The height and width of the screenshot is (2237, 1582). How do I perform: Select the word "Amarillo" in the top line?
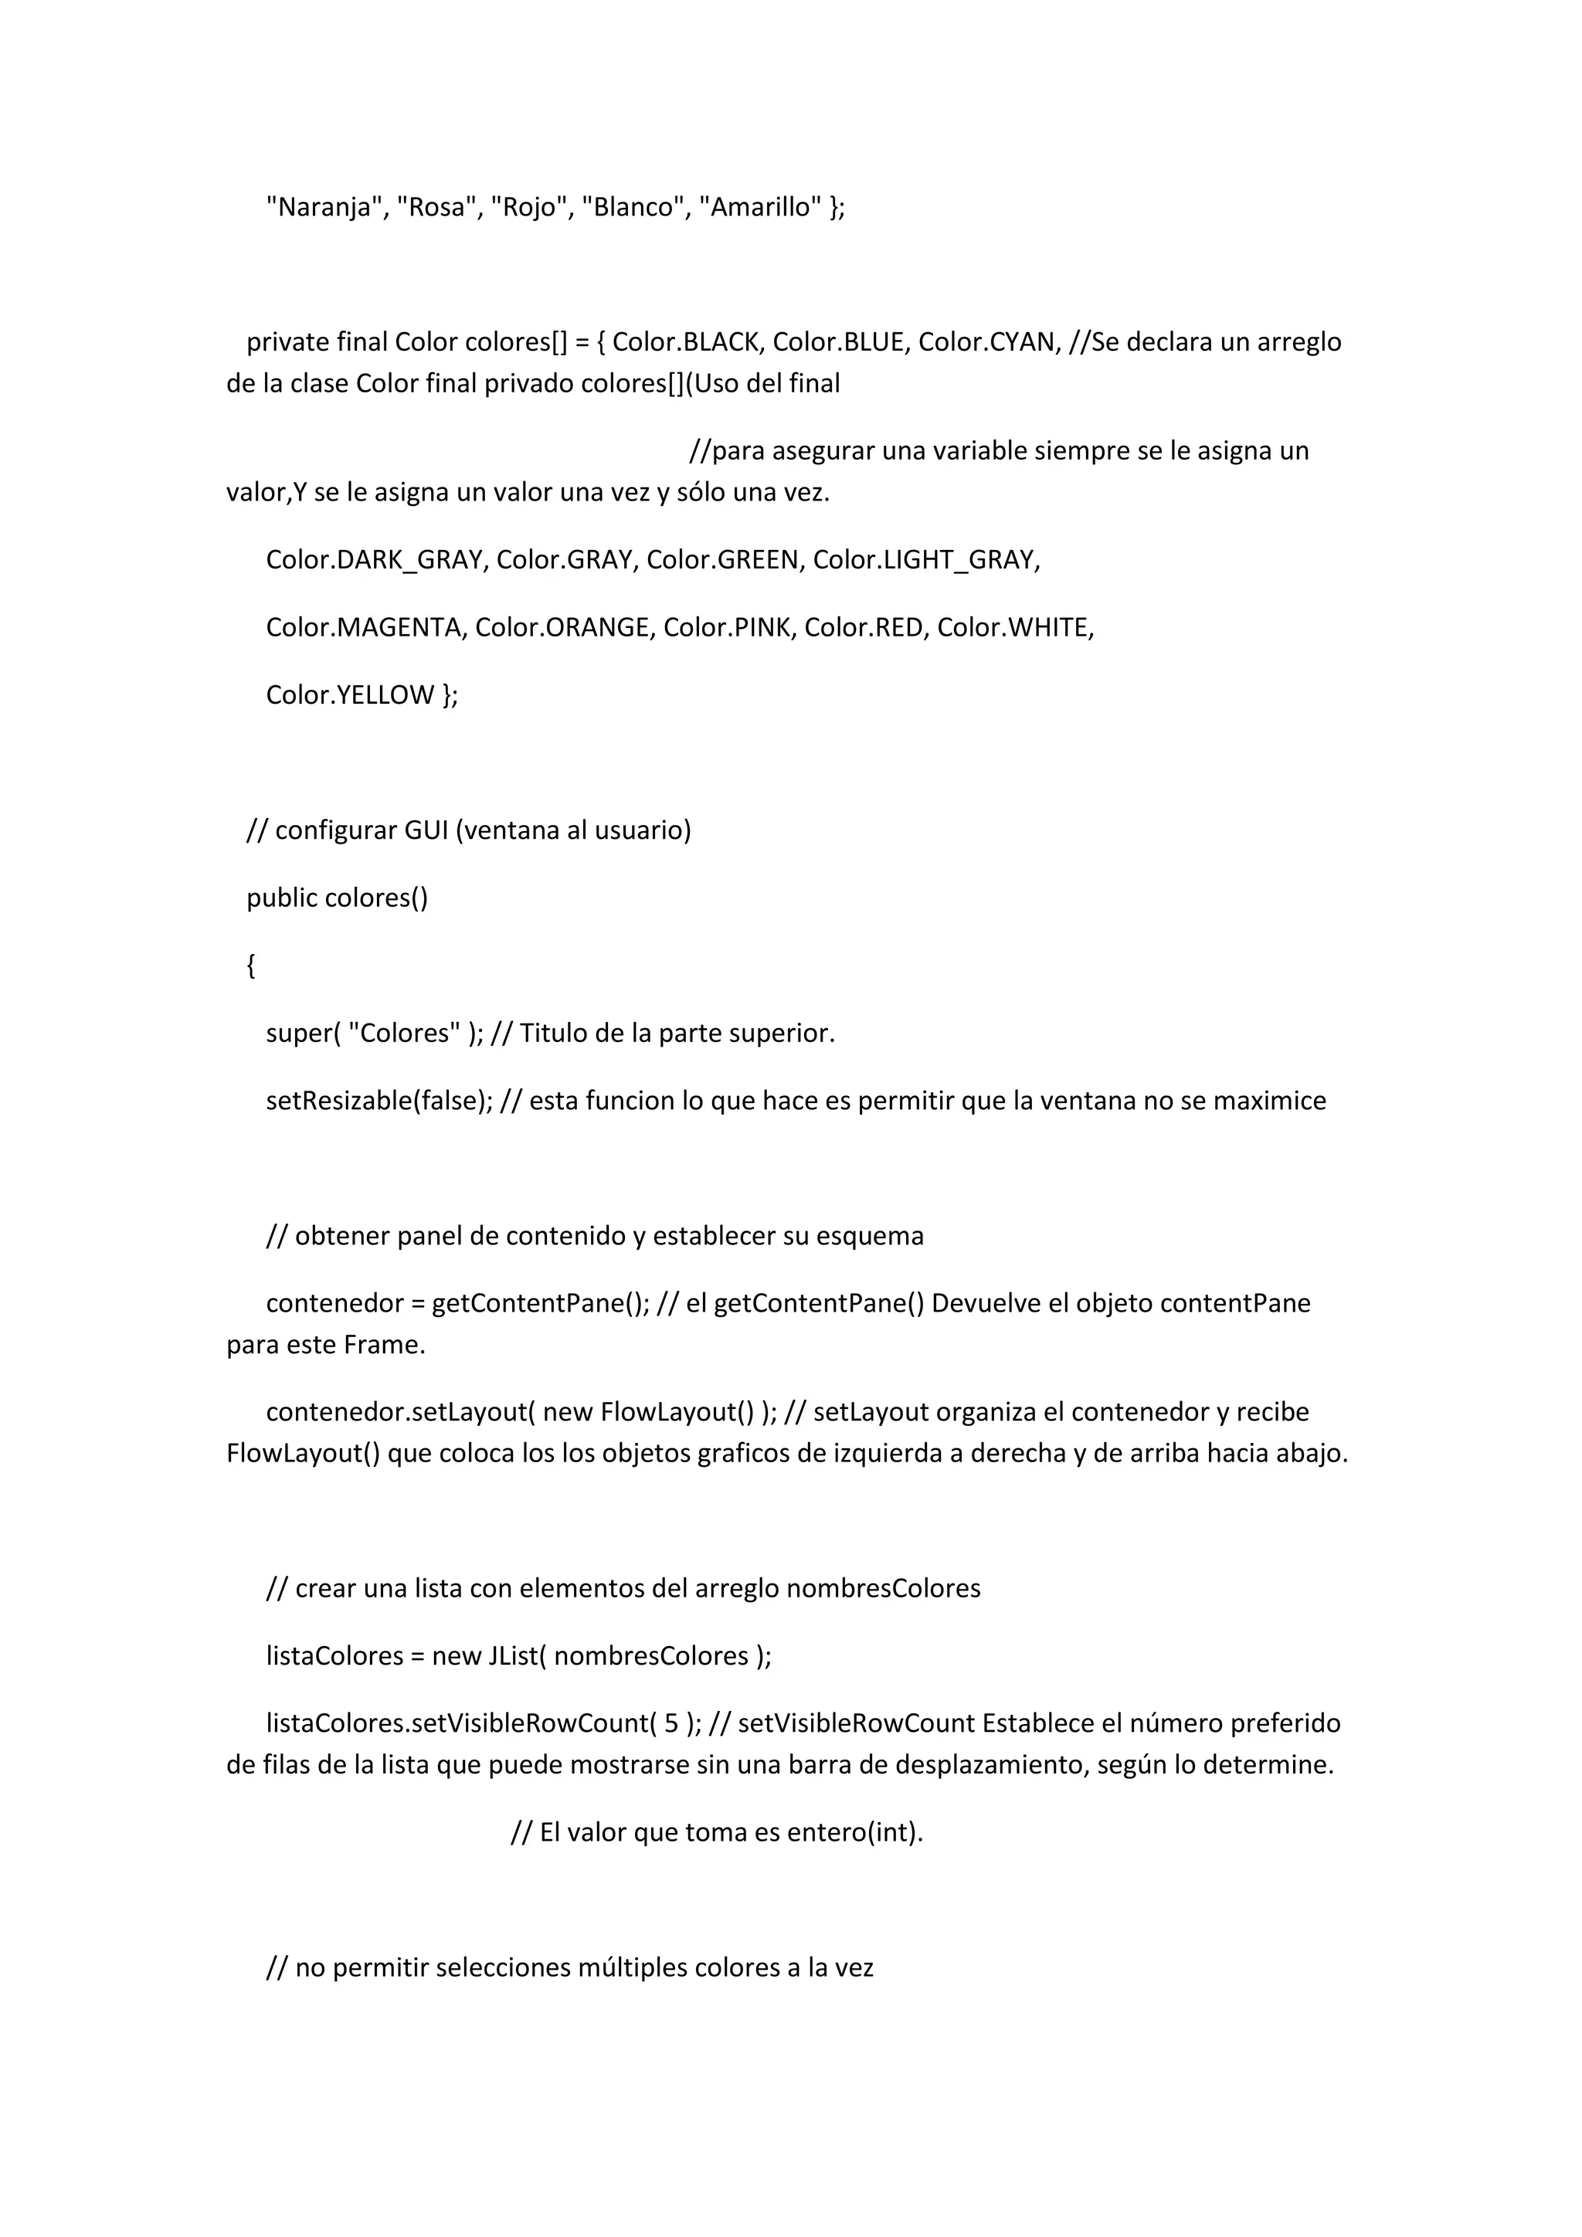pos(761,208)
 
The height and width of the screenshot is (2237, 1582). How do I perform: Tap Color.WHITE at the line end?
pos(1014,627)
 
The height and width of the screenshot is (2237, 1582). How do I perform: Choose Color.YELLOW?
pos(350,694)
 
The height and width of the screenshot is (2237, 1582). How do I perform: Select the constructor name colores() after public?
pos(376,898)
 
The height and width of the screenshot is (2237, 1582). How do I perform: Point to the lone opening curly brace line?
pos(251,966)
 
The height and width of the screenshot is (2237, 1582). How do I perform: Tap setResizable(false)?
pos(379,1101)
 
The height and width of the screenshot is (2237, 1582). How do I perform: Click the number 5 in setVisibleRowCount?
pos(671,1723)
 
